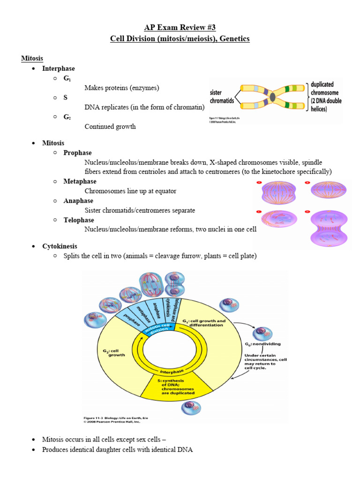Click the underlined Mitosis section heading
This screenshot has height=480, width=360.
click(32, 58)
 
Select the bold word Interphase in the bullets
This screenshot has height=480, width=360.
click(58, 68)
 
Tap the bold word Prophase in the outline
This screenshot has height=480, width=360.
click(77, 153)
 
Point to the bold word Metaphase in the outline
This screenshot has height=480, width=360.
click(80, 181)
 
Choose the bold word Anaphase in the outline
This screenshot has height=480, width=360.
click(78, 201)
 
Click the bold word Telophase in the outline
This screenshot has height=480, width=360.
click(79, 220)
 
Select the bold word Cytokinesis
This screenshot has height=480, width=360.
click(60, 246)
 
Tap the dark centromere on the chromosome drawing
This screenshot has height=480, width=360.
click(272, 97)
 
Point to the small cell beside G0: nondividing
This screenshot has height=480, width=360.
click(261, 332)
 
